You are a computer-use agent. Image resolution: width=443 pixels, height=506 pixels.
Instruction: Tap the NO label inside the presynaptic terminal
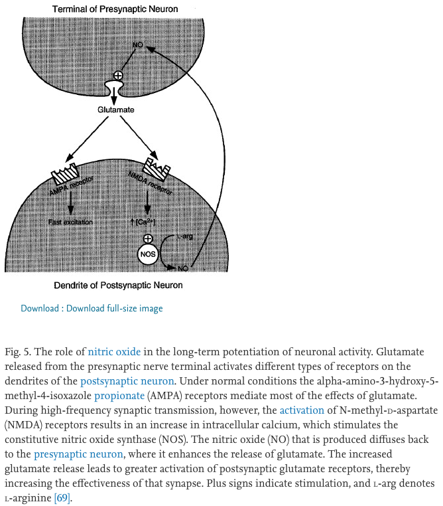point(137,44)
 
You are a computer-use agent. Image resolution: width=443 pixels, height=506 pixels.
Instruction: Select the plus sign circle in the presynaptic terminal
point(119,76)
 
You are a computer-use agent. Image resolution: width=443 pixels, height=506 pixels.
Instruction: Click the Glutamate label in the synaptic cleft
point(116,110)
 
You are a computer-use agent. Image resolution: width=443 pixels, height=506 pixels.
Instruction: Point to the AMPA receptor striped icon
point(64,173)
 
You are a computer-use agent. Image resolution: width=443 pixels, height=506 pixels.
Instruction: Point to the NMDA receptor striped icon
point(157,169)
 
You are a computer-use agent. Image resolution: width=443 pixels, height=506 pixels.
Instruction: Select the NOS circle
point(148,253)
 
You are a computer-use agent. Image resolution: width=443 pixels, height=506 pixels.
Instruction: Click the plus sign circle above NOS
point(148,238)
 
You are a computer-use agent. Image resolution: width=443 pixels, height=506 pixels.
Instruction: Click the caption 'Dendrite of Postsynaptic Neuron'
point(118,286)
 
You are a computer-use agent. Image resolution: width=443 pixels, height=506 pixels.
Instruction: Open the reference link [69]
point(62,498)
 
